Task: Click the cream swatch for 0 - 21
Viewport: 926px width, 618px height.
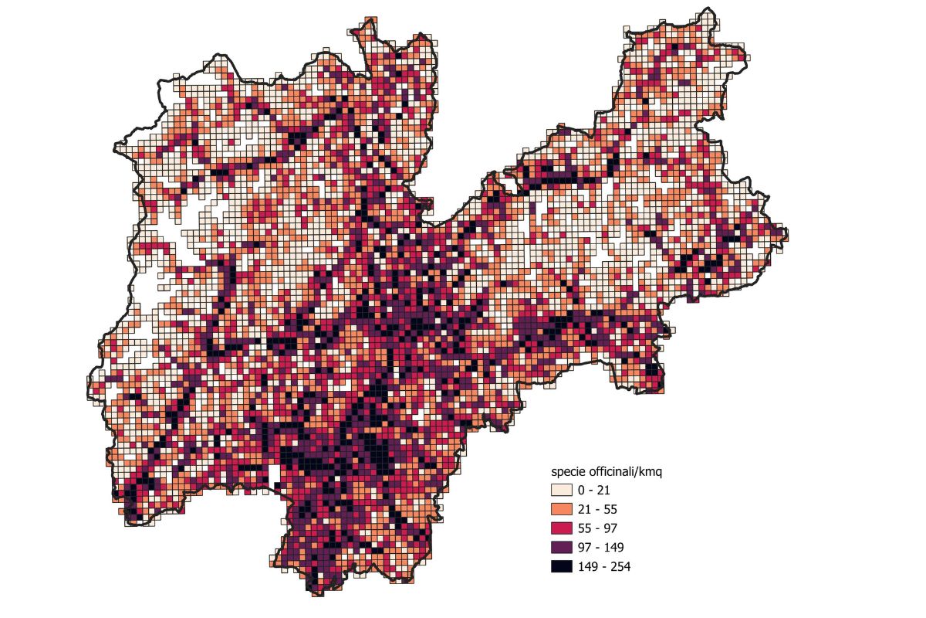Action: click(x=561, y=490)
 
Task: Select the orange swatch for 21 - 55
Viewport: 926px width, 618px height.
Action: click(x=561, y=509)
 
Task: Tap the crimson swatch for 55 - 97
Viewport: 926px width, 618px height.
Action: click(x=561, y=528)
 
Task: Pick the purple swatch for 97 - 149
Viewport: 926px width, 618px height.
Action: click(x=561, y=547)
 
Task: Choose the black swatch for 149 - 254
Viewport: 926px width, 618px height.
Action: click(x=561, y=566)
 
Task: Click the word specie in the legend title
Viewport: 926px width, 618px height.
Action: click(x=568, y=471)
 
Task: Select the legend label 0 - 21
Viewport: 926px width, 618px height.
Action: click(x=594, y=490)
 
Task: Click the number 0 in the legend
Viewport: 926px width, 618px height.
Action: click(x=583, y=490)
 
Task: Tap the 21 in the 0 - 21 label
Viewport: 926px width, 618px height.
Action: click(x=604, y=490)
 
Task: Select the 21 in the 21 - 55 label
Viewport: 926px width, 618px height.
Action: click(x=586, y=509)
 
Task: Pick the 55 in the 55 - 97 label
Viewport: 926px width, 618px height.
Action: click(x=586, y=528)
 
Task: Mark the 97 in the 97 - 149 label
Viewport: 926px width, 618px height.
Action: click(x=586, y=547)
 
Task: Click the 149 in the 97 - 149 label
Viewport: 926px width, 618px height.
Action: click(x=613, y=547)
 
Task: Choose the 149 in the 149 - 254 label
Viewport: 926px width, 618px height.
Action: click(x=589, y=566)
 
